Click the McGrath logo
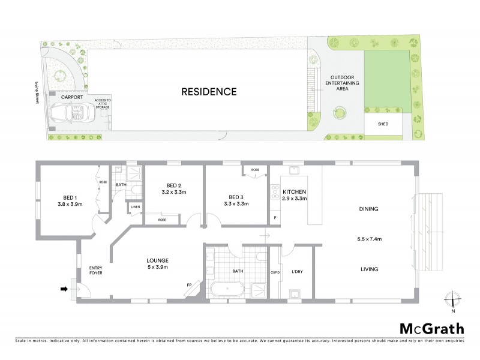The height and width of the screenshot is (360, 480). tap(431, 328)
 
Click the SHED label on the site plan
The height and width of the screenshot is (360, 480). tap(382, 124)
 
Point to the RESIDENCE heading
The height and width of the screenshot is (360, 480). tap(209, 92)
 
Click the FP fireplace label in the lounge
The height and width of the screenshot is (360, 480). tap(189, 284)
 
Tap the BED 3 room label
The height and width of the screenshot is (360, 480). tap(235, 197)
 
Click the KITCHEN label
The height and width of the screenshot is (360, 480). tap(295, 191)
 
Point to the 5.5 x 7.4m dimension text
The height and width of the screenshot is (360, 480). tap(370, 239)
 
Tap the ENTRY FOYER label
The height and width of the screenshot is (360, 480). tap(97, 271)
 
